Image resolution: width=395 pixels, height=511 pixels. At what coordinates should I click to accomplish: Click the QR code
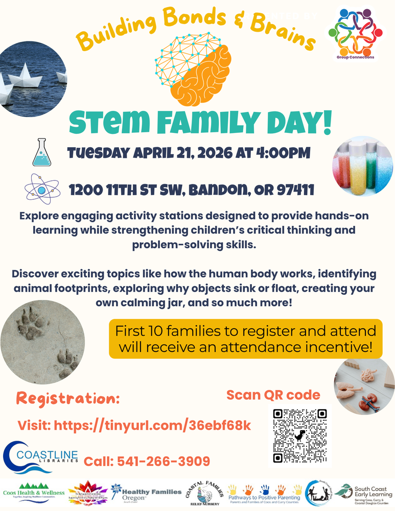[299, 435]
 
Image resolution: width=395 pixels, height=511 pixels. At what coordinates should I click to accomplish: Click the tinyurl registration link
[134, 425]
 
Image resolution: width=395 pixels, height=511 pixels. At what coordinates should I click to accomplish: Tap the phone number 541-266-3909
[147, 461]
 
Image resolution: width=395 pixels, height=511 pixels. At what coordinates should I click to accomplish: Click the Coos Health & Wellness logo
[34, 492]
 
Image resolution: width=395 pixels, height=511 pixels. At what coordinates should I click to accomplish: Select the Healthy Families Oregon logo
[146, 494]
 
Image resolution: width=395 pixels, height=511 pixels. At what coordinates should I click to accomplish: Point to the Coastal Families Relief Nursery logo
[204, 494]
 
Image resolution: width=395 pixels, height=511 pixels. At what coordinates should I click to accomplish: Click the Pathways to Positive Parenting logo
[264, 494]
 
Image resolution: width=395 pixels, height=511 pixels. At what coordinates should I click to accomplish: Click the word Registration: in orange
[68, 398]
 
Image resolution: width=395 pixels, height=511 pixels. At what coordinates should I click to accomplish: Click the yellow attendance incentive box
[245, 338]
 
